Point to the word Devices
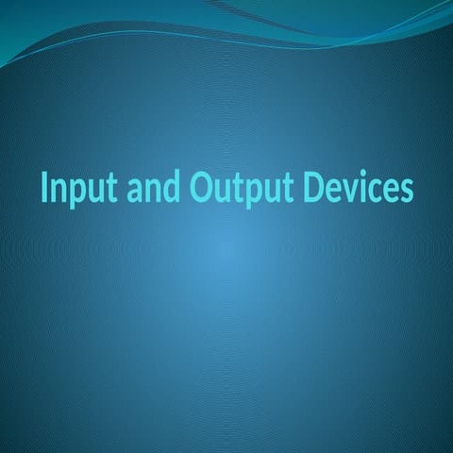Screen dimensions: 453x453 tap(359, 188)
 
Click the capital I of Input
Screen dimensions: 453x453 tap(44, 188)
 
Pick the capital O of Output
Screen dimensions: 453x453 tap(199, 188)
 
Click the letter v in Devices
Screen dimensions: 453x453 tap(349, 190)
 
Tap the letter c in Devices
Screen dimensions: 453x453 tap(375, 190)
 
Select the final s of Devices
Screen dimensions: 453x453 tap(406, 190)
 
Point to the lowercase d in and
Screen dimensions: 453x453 tap(171, 188)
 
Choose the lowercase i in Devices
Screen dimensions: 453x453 tap(362, 187)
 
